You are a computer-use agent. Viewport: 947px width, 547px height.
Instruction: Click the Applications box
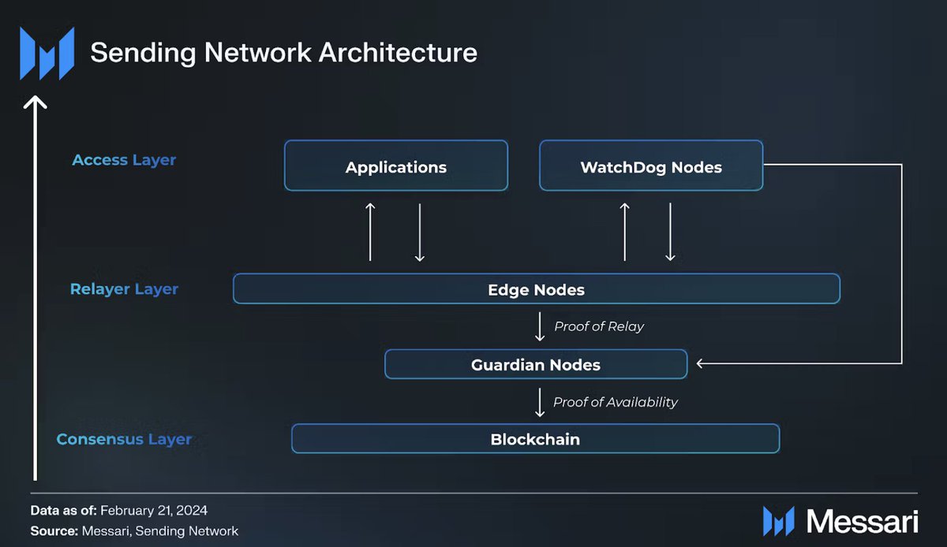point(396,166)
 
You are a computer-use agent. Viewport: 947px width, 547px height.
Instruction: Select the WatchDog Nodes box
point(651,166)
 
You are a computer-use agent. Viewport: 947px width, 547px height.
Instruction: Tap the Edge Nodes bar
point(537,289)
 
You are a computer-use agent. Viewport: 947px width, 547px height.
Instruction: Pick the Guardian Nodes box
point(536,364)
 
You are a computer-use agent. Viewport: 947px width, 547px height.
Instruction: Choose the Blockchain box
point(536,439)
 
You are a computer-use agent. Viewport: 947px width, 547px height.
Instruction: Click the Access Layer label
point(124,160)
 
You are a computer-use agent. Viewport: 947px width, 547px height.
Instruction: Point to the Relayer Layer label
point(124,289)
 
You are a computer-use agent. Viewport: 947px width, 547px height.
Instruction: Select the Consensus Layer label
point(124,439)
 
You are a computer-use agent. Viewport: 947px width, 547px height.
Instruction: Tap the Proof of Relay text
point(599,326)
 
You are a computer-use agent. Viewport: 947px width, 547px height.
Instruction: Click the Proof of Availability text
point(615,402)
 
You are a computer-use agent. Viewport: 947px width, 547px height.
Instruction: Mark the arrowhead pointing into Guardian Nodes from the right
point(700,363)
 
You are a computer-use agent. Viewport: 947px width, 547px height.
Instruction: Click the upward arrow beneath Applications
point(370,232)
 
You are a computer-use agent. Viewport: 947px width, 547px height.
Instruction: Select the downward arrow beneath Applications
point(419,233)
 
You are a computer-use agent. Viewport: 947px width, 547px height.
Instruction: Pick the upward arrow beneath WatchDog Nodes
point(625,232)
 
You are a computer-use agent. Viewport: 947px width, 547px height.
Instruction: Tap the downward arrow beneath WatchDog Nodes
point(670,232)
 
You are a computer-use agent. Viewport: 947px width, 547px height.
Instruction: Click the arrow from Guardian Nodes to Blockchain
point(540,403)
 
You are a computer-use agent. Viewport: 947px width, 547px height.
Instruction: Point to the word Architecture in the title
point(398,52)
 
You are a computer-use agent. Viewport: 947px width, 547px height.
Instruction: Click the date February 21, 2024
point(154,511)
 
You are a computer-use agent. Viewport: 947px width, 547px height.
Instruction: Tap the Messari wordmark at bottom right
point(863,521)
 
